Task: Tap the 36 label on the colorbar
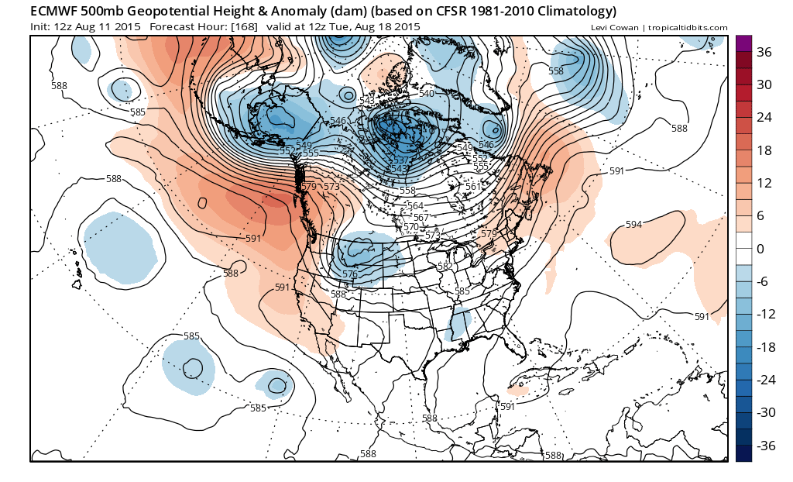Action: click(764, 53)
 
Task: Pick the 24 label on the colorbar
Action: click(764, 118)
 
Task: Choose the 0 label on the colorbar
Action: click(761, 249)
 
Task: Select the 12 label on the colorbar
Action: click(764, 184)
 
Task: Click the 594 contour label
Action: click(634, 225)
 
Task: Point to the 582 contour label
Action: click(445, 266)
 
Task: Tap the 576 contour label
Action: click(350, 274)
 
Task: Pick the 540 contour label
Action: click(427, 94)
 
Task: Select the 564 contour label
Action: click(415, 206)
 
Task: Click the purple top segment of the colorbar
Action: click(743, 43)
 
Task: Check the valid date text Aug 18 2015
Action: click(386, 27)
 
